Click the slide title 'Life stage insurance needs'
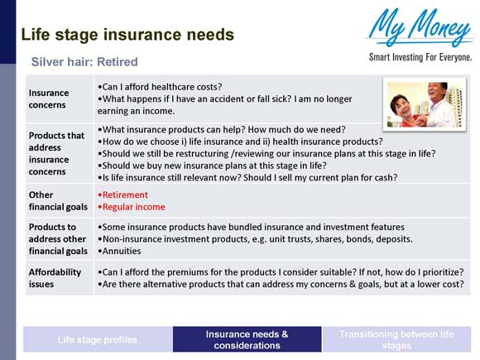127,35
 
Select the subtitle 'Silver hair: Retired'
84,62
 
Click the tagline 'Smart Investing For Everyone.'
420,57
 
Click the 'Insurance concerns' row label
49,98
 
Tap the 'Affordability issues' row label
55,278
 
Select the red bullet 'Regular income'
132,207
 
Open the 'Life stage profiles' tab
98,339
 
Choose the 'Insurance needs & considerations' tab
247,339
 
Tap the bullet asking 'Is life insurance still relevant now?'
247,177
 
